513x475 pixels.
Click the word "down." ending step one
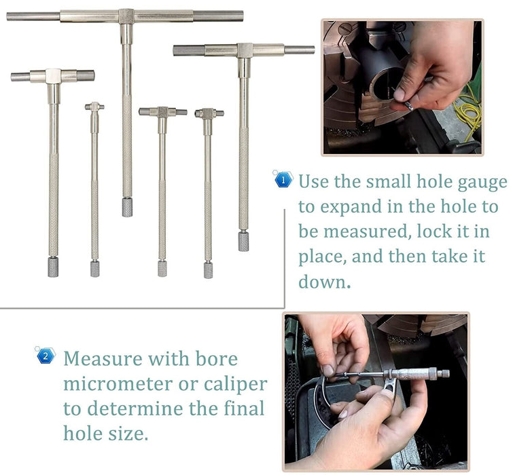pos(325,280)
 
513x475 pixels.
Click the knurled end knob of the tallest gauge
pos(127,207)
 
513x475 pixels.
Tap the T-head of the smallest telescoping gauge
pos(95,107)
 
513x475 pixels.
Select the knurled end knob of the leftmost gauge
pos(53,266)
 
